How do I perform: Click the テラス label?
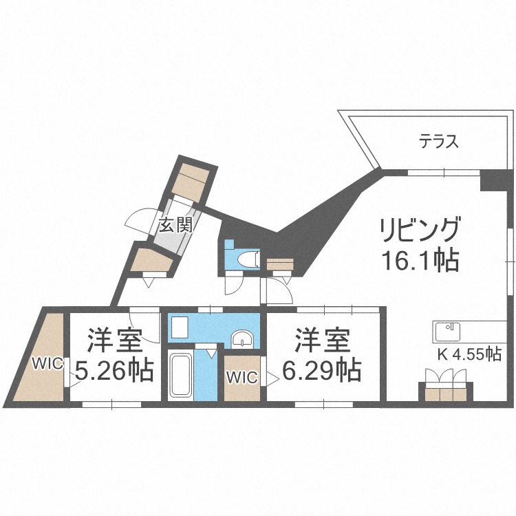(x=438, y=143)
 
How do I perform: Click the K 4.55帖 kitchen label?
(x=469, y=355)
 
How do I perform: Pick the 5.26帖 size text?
(x=114, y=372)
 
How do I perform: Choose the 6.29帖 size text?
(x=322, y=372)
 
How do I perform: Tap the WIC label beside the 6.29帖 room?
(x=241, y=377)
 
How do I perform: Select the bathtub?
(x=181, y=376)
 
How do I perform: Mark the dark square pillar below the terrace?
(x=491, y=180)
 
